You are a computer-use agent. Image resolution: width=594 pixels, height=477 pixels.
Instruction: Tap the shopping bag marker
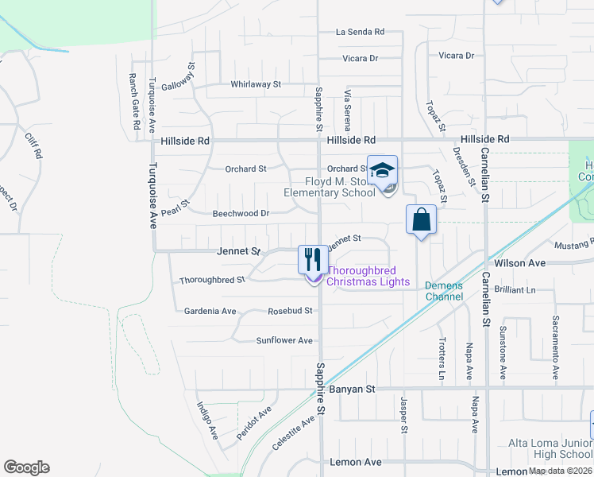(421, 219)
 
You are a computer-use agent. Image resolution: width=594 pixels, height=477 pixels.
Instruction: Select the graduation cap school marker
(382, 170)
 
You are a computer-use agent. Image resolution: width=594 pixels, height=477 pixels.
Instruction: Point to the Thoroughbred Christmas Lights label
(368, 277)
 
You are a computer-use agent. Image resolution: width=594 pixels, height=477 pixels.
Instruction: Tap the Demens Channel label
(443, 291)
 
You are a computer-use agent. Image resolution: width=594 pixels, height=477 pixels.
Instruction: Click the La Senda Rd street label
(360, 32)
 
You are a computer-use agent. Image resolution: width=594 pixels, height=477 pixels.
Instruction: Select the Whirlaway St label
(256, 83)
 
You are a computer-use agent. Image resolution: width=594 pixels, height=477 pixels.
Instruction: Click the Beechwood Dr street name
(241, 214)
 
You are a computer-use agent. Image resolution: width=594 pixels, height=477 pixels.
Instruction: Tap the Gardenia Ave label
(210, 311)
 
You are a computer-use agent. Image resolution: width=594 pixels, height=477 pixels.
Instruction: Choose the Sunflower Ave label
(284, 340)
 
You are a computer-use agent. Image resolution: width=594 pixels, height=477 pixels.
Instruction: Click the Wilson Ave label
(520, 262)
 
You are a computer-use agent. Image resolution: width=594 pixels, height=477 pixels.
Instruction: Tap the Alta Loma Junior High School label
(550, 448)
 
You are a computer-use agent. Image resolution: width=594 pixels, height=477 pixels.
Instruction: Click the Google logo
(26, 467)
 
